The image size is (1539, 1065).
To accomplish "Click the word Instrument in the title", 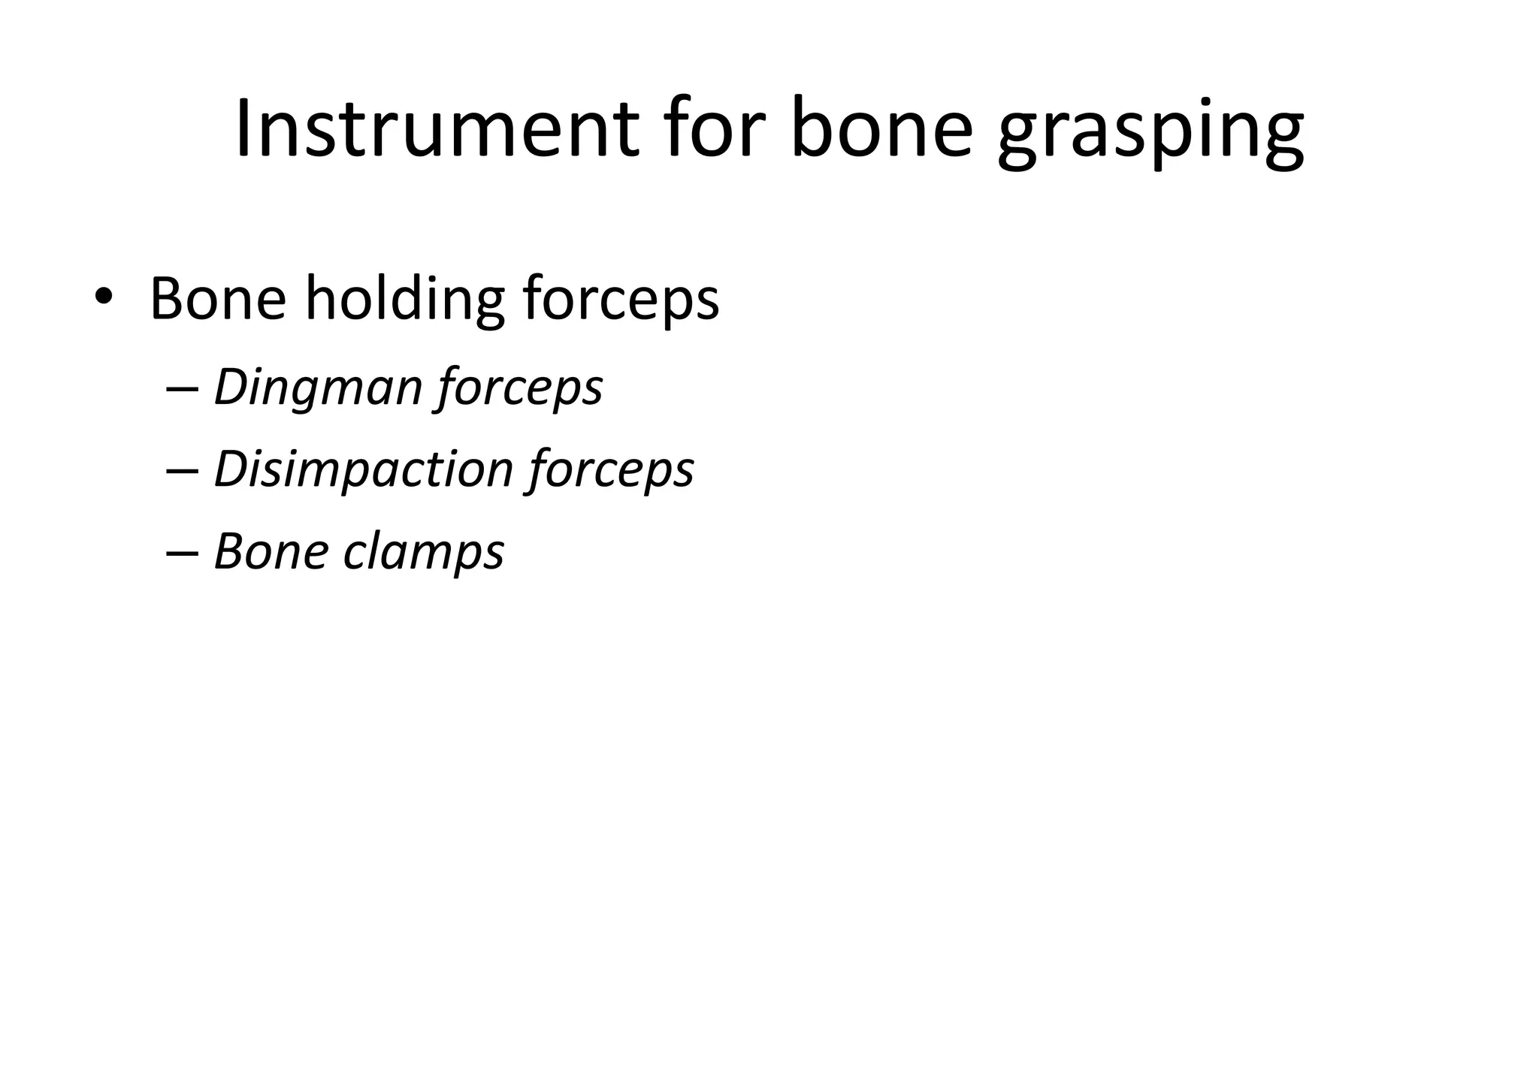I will (x=437, y=129).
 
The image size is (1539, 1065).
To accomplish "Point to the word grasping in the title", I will (x=1150, y=135).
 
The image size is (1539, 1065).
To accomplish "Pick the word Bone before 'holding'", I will (x=218, y=299).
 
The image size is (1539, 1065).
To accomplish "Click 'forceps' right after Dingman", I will (x=519, y=389).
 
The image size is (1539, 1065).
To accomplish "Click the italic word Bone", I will (x=271, y=552).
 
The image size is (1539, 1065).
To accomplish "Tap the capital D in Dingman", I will (x=228, y=388).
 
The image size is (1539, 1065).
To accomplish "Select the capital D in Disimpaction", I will (x=228, y=470).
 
